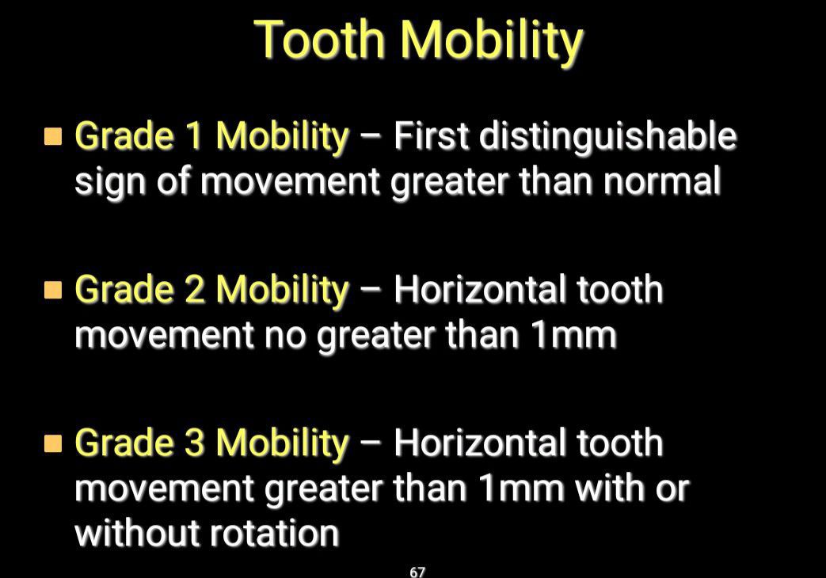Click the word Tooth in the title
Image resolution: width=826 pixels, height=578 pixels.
[x=320, y=40]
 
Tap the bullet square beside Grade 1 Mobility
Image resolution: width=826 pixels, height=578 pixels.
[x=53, y=136]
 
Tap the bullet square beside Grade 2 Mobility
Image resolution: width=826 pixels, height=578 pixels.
[x=53, y=290]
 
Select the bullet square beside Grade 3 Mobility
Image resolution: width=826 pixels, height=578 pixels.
[x=53, y=443]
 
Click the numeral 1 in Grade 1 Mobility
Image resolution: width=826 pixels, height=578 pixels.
[x=194, y=136]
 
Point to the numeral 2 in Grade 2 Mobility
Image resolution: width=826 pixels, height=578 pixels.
[x=194, y=290]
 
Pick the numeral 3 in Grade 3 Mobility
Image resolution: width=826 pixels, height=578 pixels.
[x=194, y=443]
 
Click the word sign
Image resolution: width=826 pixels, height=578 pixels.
[x=109, y=184]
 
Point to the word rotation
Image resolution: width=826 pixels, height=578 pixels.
[x=274, y=533]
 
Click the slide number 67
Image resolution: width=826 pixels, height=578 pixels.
[x=417, y=572]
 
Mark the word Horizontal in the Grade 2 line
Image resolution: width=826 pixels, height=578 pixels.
[x=479, y=289]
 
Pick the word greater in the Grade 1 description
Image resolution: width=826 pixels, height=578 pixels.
[x=449, y=184]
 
